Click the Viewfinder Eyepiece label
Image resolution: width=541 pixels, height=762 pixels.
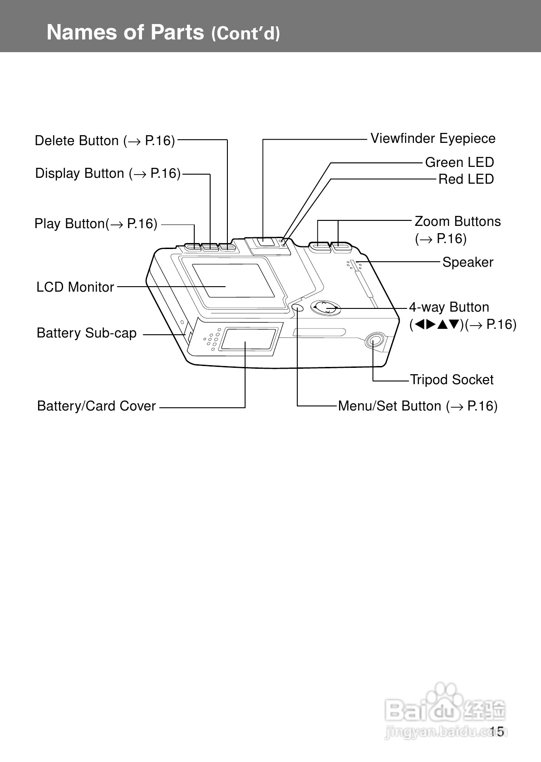pos(433,139)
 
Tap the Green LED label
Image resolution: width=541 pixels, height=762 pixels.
pos(460,162)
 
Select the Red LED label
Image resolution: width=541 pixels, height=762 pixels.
pos(466,179)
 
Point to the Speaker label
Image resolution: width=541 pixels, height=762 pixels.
pos(468,262)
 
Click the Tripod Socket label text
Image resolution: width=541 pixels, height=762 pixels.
pos(452,380)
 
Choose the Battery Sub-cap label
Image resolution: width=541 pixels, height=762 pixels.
pos(87,333)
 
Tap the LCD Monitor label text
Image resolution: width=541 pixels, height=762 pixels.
pos(75,287)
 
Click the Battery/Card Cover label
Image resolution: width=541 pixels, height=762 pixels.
pos(96,406)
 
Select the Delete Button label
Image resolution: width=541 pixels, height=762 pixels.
pos(105,141)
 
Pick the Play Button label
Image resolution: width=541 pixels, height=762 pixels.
pos(96,224)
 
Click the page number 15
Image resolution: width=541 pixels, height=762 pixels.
pos(497,731)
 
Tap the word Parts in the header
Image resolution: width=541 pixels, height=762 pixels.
pos(177,32)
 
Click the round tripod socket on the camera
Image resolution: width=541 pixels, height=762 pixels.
pos(374,341)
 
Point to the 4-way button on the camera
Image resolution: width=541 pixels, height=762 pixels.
pos(326,308)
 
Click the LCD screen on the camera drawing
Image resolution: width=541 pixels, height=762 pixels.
pos(233,281)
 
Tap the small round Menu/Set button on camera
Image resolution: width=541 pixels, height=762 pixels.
pos(298,307)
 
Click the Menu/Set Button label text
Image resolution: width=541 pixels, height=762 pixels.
pos(418,406)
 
